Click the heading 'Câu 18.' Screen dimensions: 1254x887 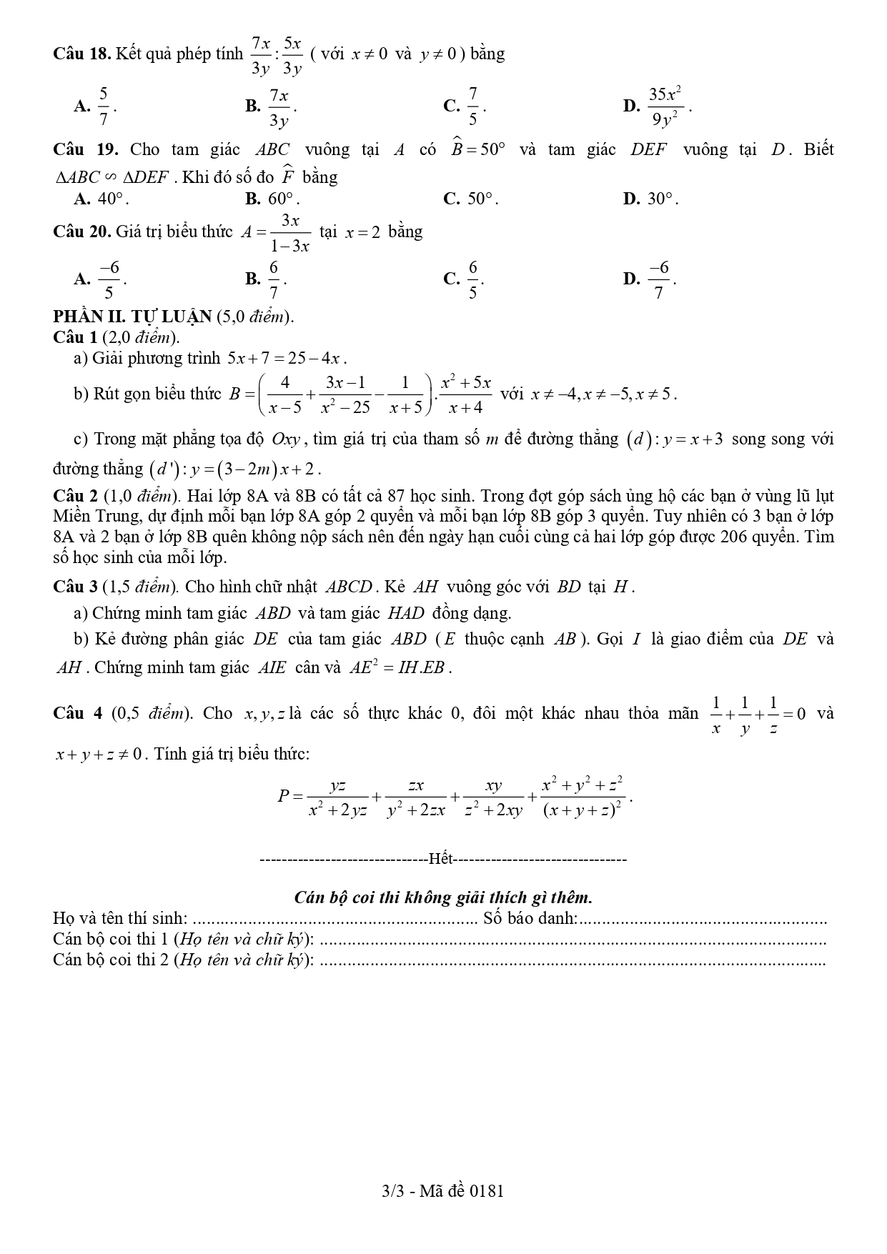[81, 54]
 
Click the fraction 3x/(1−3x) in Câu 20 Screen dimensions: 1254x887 [290, 233]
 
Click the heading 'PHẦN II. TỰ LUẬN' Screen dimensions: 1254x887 [132, 317]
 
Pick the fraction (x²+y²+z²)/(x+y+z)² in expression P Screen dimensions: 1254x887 [583, 797]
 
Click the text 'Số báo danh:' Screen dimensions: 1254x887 [530, 918]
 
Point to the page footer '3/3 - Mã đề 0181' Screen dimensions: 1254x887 [443, 1190]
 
